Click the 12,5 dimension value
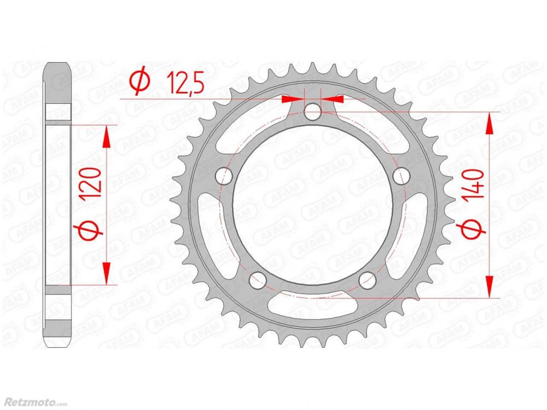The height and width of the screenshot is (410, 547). pos(185,83)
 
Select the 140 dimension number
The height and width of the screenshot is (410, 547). pos(474,184)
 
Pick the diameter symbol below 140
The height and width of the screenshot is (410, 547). pos(474,230)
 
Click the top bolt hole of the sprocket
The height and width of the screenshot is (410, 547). pos(312,112)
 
